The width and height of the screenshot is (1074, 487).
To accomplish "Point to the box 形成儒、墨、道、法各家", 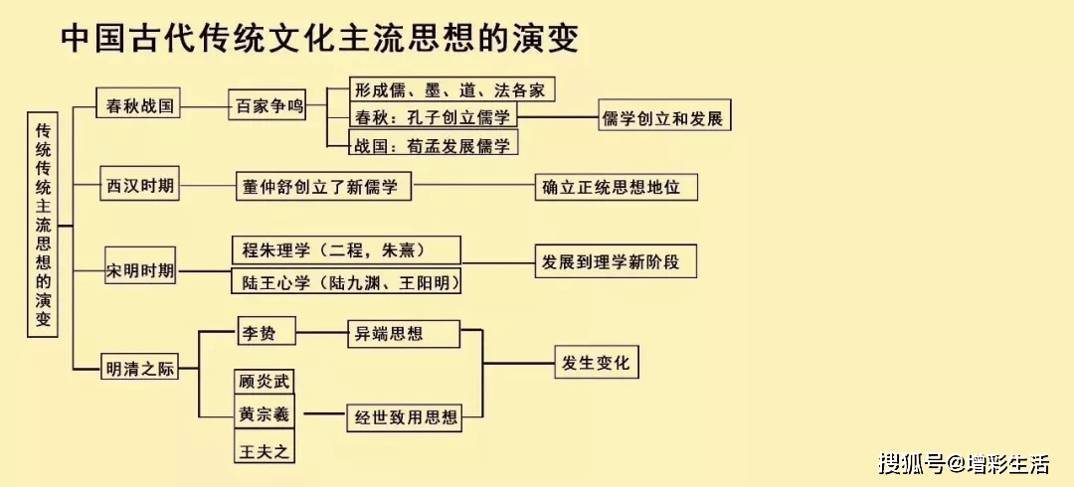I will click(450, 89).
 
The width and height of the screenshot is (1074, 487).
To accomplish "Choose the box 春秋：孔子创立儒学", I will click(434, 117).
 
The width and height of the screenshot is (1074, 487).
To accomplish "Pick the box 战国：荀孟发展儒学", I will click(434, 145).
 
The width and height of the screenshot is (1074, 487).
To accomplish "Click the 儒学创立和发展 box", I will click(663, 117).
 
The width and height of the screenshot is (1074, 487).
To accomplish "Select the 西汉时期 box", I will click(140, 185).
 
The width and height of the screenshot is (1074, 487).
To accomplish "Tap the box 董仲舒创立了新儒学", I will click(323, 186).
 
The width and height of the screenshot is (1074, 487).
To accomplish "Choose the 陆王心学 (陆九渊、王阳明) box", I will click(347, 282).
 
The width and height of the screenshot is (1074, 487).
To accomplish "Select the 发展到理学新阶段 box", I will click(615, 262).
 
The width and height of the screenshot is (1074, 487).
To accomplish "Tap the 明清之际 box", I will click(140, 368).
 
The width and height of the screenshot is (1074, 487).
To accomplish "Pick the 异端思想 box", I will click(403, 334).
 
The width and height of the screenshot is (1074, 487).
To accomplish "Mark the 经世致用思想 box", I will click(403, 417).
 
